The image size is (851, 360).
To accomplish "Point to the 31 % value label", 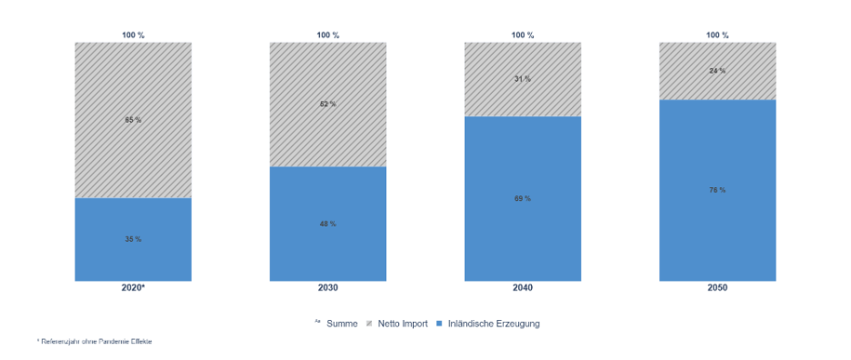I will coord(522,79).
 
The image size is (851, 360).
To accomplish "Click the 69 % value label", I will coord(522,198).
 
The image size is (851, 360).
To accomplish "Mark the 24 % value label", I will coord(717,70).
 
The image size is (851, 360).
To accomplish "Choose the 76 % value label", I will coord(717,190).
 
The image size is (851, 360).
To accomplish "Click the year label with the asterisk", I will coord(133,287).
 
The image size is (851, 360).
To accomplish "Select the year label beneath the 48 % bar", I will coord(327,287).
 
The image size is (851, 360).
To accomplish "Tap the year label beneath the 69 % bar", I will coord(522,287).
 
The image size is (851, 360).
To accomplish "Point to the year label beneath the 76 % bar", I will coord(717,287).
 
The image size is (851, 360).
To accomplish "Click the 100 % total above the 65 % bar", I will coord(133,35).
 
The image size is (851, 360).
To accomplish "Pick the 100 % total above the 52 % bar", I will coord(327,35).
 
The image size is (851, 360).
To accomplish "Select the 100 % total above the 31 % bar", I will coord(522,35).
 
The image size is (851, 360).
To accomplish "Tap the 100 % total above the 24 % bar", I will coord(717,35).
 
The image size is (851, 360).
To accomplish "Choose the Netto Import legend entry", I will coord(399,323).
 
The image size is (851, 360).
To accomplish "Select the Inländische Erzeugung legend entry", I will coord(492,323).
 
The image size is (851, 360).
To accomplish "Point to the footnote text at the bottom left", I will coord(95,342).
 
